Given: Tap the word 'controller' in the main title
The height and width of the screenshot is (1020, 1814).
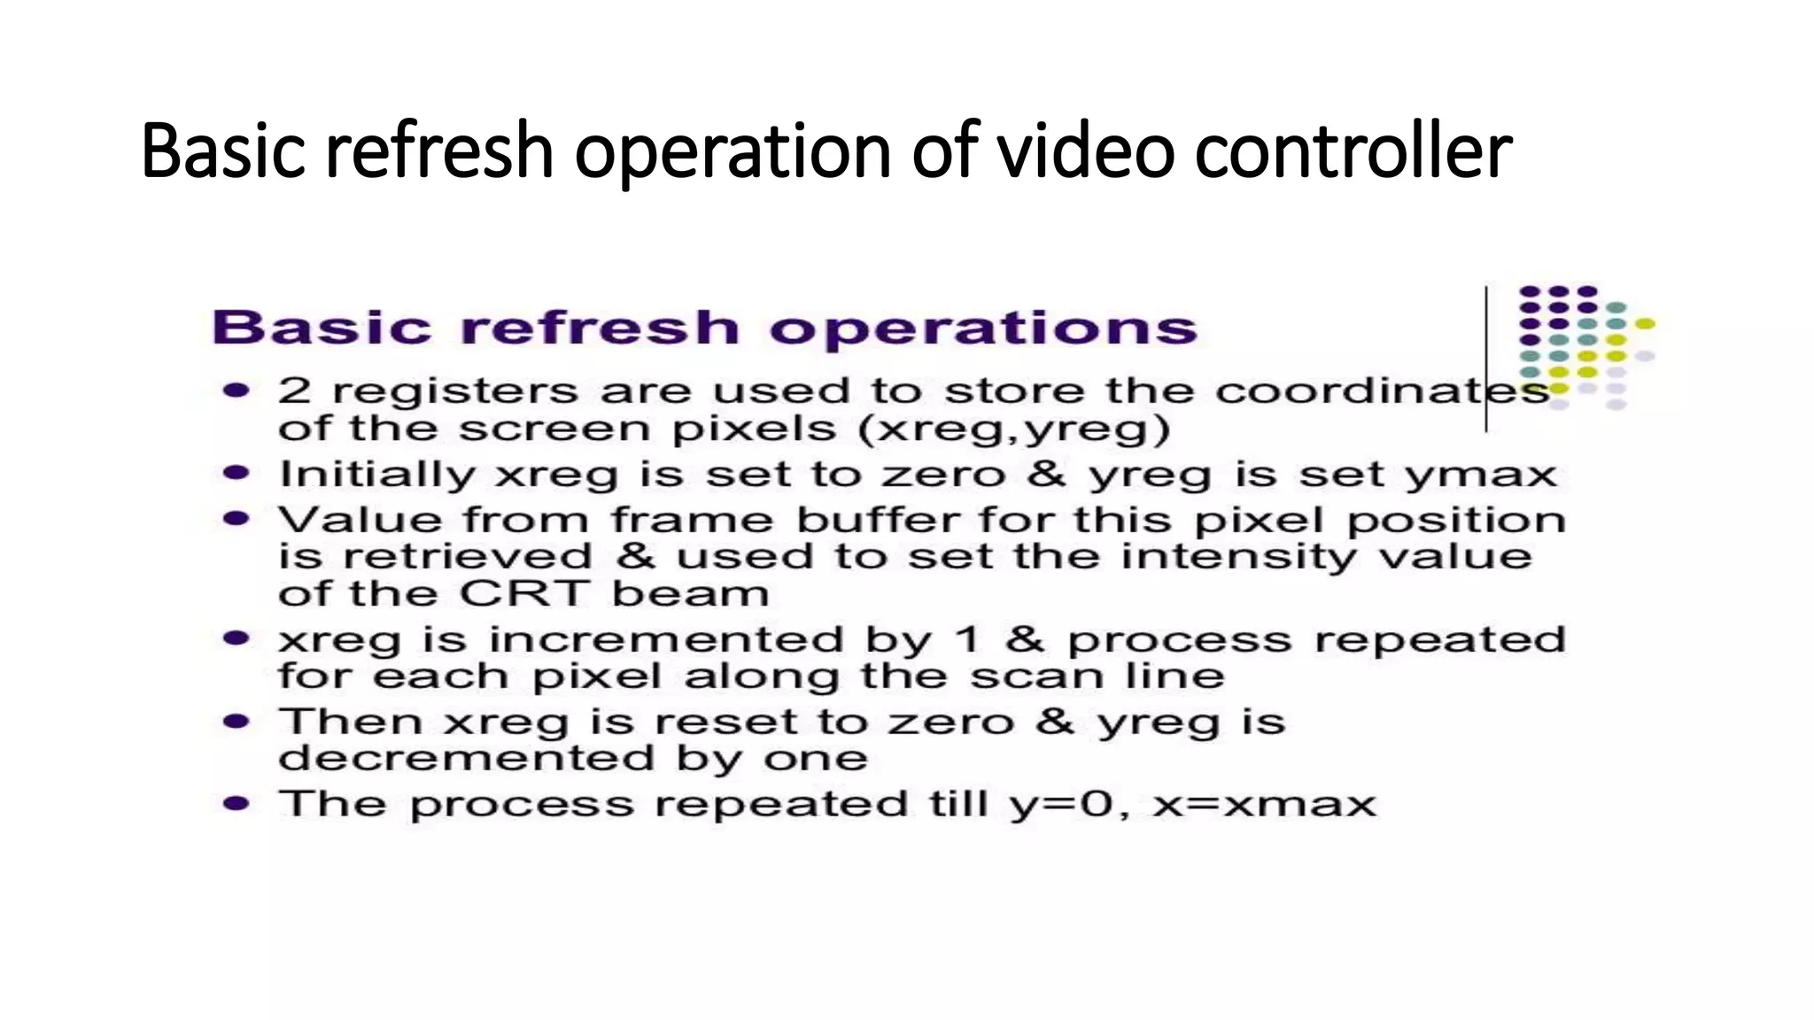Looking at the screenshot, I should pyautogui.click(x=1353, y=151).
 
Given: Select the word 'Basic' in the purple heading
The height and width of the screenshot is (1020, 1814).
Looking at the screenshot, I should pyautogui.click(x=322, y=328).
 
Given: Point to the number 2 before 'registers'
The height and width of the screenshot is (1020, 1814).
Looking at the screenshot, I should pyautogui.click(x=294, y=390).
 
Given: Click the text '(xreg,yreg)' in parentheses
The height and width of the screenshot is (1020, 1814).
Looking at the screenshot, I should pyautogui.click(x=1013, y=429).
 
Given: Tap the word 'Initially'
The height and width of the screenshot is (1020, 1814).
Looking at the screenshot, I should pyautogui.click(x=377, y=475).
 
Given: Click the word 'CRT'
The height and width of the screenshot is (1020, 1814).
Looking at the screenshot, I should pyautogui.click(x=524, y=593).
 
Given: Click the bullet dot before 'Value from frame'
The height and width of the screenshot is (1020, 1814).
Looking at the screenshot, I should pyautogui.click(x=236, y=518).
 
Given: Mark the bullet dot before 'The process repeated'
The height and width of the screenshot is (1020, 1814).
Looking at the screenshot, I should pyautogui.click(x=236, y=803).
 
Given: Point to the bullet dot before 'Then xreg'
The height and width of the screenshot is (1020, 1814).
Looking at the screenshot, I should pyautogui.click(x=236, y=721).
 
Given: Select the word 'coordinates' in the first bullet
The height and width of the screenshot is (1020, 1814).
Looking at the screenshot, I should pyautogui.click(x=1382, y=390).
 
